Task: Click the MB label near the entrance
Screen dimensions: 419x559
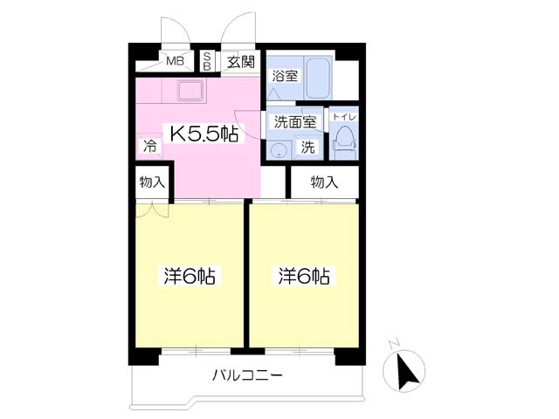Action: point(176,61)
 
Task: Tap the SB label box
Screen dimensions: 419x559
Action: point(207,61)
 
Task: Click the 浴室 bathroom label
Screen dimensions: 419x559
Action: point(286,75)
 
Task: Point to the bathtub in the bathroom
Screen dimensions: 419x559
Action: point(315,79)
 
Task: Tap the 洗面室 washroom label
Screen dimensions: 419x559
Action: point(294,121)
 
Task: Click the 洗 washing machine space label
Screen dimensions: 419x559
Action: point(308,147)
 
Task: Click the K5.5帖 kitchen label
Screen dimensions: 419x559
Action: point(204,134)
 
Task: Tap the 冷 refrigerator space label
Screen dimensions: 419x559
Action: point(149,148)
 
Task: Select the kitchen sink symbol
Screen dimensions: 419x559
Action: point(190,90)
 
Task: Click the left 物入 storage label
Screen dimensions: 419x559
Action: point(152,183)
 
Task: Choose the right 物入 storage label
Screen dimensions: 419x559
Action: point(324,182)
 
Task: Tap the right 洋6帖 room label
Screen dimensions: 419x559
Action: point(303,277)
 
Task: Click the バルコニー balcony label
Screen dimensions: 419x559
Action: point(247,377)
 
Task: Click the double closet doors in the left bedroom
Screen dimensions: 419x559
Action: point(148,210)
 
